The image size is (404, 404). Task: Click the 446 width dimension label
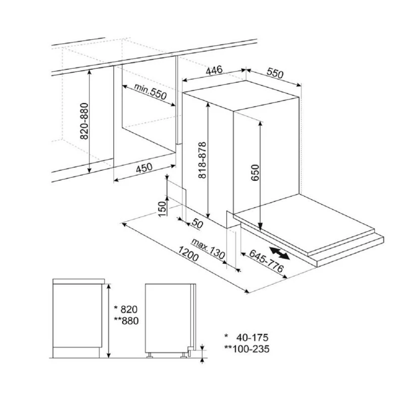[214, 70]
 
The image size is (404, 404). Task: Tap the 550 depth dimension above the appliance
[275, 73]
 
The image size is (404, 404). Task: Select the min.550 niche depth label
[150, 92]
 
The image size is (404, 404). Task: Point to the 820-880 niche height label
[84, 121]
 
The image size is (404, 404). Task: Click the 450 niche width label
[144, 168]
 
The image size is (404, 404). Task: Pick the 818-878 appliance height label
[203, 160]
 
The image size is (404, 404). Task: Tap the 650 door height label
[255, 173]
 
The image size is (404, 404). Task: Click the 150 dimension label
[162, 209]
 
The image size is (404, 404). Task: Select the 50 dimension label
[197, 224]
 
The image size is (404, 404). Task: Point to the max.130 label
[208, 248]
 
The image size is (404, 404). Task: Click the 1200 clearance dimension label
[188, 254]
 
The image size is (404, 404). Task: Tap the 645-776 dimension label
[267, 261]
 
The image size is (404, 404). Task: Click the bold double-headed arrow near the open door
[279, 253]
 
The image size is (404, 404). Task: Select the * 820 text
[126, 309]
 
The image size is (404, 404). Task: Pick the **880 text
[126, 321]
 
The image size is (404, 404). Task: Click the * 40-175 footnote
[246, 337]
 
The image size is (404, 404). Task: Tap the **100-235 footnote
[247, 349]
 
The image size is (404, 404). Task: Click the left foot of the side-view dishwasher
[149, 355]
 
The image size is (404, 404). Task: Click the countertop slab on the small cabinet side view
[79, 281]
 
